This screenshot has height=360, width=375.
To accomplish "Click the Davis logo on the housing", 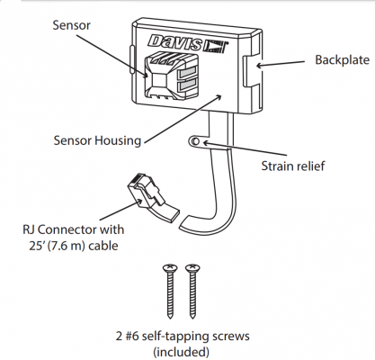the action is (x=188, y=44).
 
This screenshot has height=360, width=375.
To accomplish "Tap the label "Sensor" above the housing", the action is (x=71, y=25).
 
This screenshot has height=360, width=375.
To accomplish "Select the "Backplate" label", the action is (x=342, y=60).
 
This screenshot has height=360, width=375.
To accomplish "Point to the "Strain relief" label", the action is (x=293, y=166).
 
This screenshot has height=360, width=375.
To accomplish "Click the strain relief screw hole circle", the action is (x=195, y=141).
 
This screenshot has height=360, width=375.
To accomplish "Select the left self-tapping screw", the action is (x=170, y=292).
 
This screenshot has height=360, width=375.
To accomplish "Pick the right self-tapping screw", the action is (x=192, y=292).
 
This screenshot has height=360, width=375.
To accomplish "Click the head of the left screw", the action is (x=170, y=267).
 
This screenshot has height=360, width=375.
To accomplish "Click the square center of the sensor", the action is (x=158, y=79).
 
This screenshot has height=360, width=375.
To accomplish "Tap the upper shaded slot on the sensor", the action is (x=187, y=73).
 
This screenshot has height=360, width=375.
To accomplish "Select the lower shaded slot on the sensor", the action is (x=187, y=85).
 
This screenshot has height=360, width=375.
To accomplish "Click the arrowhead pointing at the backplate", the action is (x=259, y=65).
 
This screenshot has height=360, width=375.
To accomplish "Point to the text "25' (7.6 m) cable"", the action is (x=74, y=246).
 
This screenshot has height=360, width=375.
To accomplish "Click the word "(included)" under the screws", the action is (x=181, y=352).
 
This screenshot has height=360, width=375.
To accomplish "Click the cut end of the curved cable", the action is (x=184, y=223).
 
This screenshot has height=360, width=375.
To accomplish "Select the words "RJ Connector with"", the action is (x=74, y=229).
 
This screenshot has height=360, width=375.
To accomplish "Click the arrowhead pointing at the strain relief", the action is (x=204, y=142).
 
